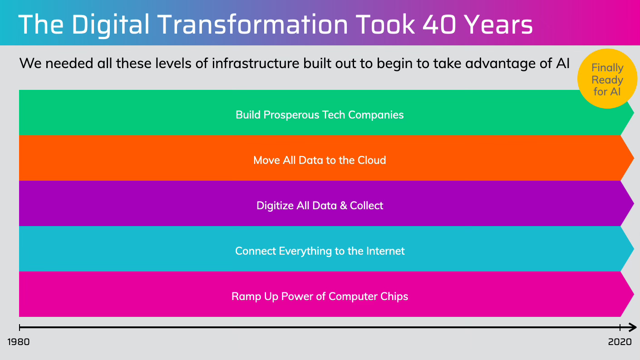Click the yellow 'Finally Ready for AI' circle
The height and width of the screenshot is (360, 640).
(607, 79)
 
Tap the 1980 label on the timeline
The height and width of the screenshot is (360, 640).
(19, 342)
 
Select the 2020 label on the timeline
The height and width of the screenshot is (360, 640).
(620, 342)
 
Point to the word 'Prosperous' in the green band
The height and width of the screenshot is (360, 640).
(291, 115)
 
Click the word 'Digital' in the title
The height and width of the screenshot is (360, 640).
(111, 25)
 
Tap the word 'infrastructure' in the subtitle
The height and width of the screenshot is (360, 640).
(256, 63)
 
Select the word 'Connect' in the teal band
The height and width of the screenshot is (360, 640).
(256, 251)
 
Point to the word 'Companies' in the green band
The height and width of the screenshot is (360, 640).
(376, 115)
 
